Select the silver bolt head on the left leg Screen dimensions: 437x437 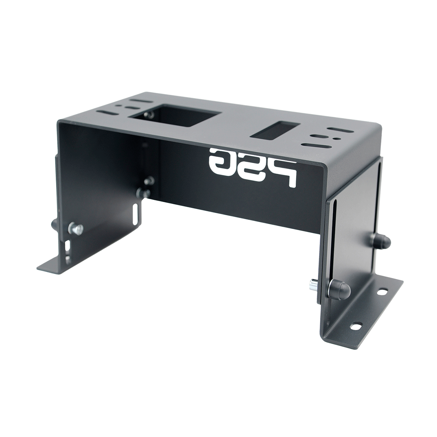[x=76, y=228]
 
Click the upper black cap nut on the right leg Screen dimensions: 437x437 [x=381, y=240]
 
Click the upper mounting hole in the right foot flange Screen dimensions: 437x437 [x=382, y=292]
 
